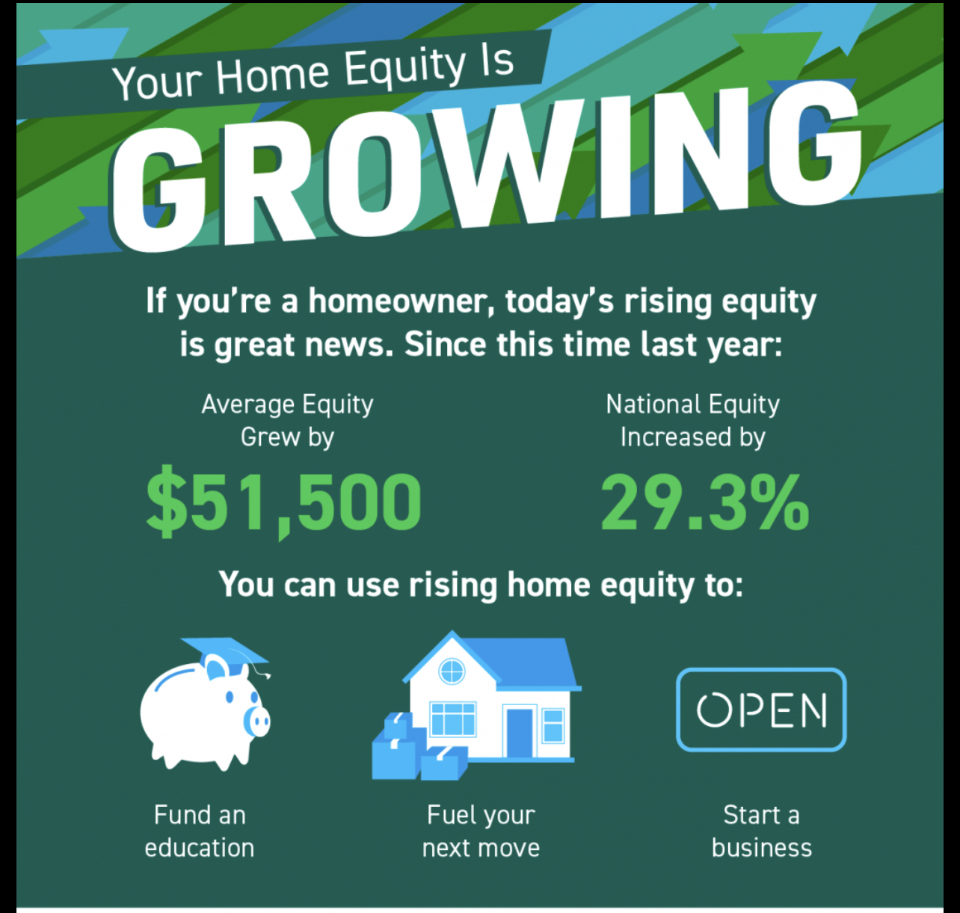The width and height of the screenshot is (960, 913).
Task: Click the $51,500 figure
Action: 283,502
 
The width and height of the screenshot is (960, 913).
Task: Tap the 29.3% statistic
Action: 704,502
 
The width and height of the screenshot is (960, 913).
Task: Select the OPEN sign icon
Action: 761,710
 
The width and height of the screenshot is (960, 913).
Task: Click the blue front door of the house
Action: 520,733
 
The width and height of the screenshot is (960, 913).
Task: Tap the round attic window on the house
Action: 452,671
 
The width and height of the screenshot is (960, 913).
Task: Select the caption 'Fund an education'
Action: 200,831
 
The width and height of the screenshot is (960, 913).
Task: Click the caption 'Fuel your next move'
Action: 481,831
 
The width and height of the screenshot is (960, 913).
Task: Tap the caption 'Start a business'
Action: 761,831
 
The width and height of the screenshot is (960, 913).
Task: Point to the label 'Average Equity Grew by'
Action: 287,420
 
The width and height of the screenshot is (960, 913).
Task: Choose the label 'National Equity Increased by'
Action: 692,420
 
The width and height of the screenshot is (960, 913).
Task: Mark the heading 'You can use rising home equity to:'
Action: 481,585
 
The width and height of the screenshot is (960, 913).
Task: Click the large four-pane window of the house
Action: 452,719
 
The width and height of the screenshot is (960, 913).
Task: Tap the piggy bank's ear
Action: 215,667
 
